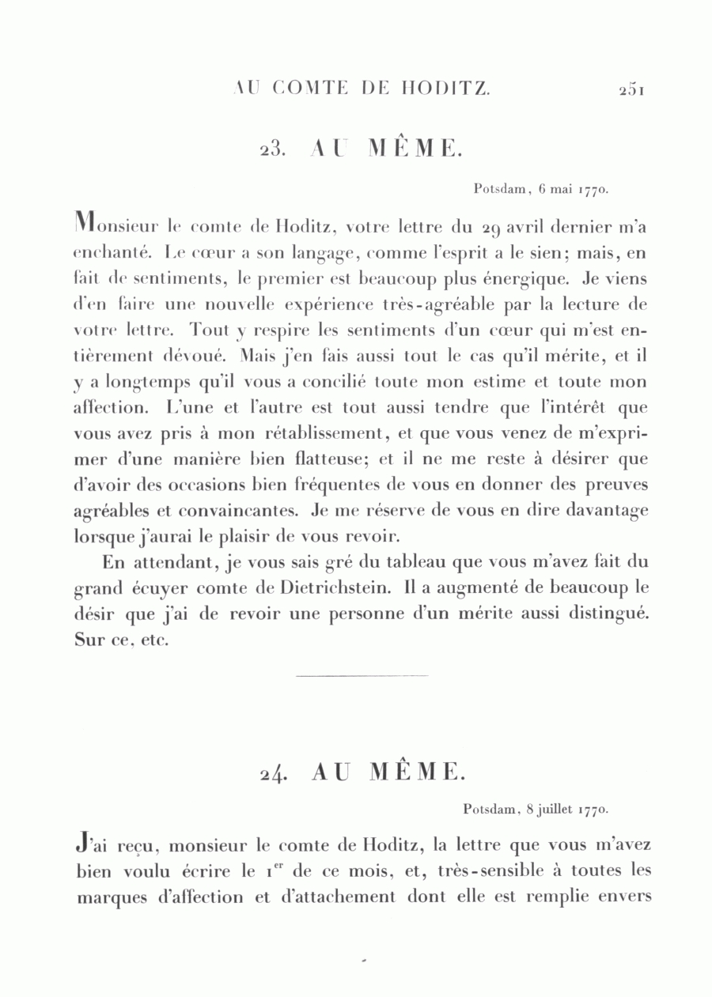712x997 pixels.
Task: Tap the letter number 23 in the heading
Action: point(273,149)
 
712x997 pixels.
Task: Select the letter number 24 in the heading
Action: point(273,773)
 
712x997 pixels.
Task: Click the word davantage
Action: point(608,511)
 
